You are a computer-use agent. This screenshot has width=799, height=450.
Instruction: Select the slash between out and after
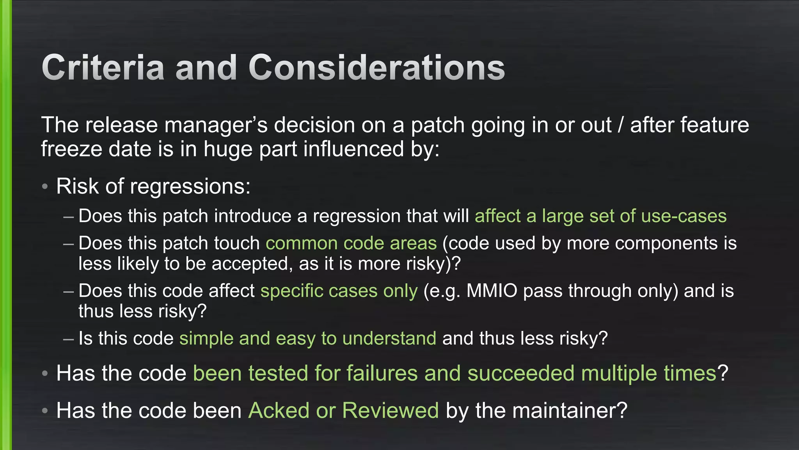pos(621,125)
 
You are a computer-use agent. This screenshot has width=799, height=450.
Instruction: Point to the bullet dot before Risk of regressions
pos(45,187)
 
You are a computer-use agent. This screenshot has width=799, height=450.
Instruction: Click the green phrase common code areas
pos(351,243)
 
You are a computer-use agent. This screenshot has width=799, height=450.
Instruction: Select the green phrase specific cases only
pos(339,291)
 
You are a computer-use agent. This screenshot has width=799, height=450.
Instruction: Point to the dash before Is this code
pos(68,339)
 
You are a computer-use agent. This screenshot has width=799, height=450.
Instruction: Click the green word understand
pos(389,338)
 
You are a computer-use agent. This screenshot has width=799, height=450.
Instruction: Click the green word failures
pos(382,373)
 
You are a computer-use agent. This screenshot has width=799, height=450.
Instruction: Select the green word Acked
pos(279,411)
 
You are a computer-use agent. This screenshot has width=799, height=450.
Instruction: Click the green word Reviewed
pos(390,411)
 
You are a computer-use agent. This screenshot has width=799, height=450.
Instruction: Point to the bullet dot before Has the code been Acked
pos(45,411)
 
